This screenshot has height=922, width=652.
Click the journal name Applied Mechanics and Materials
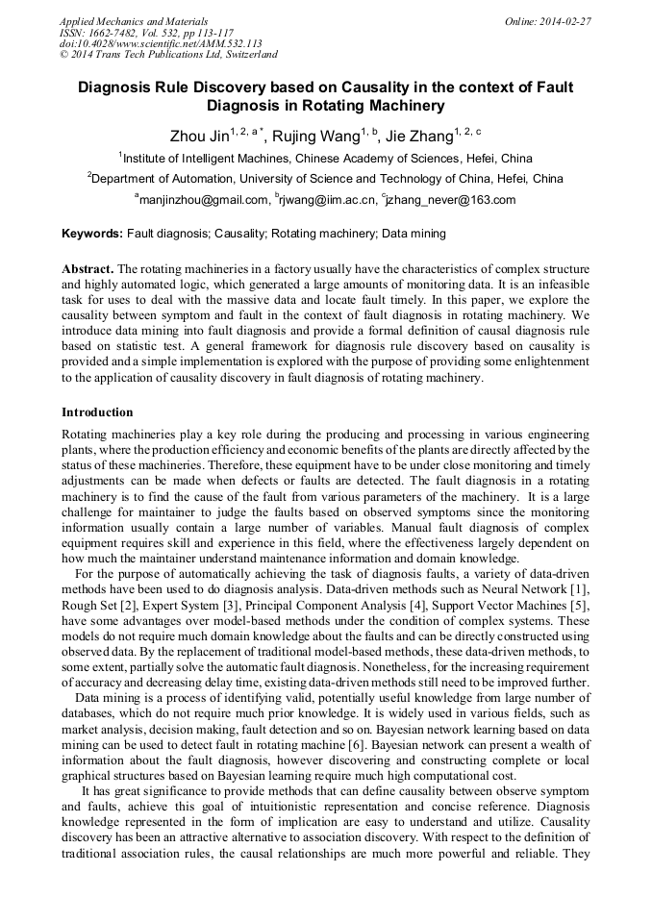[134, 20]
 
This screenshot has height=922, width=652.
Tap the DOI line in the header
[161, 43]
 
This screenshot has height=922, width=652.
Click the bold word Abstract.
[88, 268]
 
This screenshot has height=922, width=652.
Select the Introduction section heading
[97, 412]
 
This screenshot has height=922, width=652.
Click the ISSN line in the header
[146, 32]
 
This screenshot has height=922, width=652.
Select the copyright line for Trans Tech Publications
[167, 55]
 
